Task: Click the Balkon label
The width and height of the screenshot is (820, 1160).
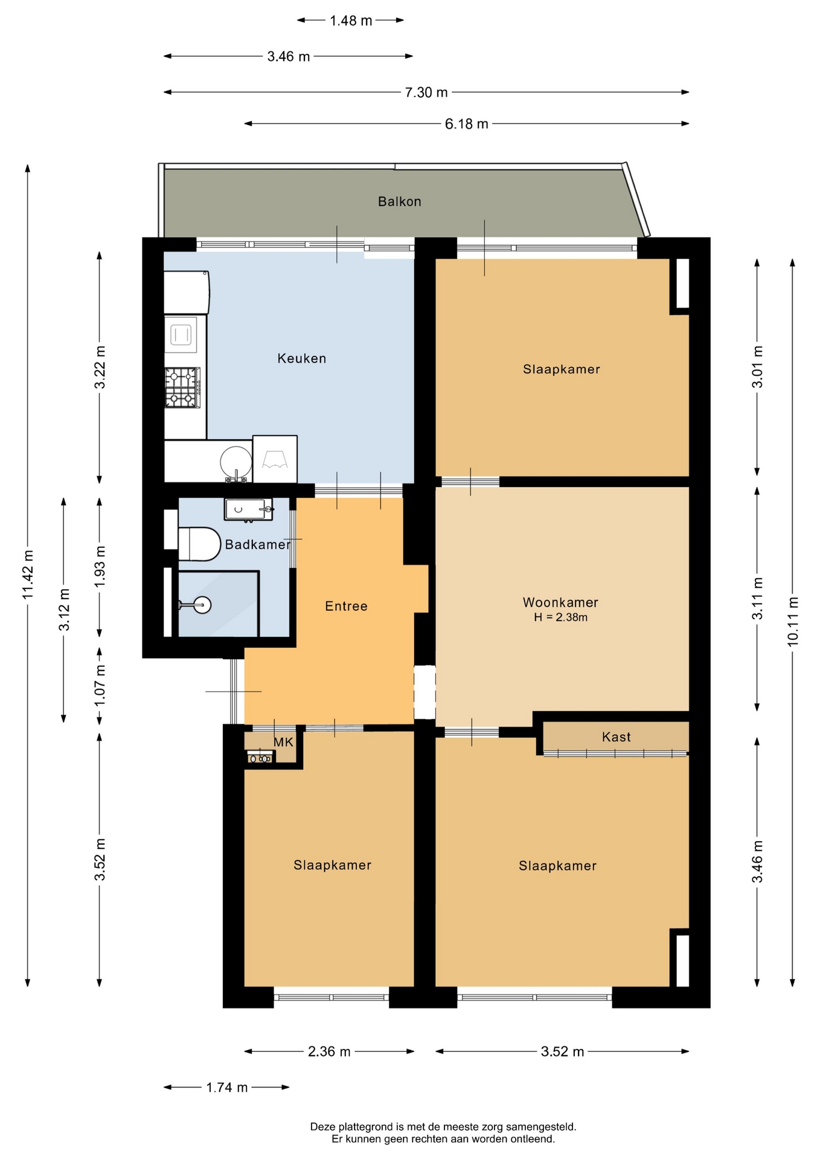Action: tap(399, 202)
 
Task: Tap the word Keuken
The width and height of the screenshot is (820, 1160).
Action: tap(302, 358)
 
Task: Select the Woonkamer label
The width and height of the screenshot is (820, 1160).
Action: tap(560, 602)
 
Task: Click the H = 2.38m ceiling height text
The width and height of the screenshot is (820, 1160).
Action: tap(560, 617)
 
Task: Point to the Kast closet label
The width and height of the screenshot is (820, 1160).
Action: tap(616, 737)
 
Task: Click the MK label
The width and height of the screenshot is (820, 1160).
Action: tap(283, 742)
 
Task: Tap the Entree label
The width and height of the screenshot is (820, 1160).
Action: tap(346, 607)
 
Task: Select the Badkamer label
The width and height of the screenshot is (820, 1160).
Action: tap(258, 545)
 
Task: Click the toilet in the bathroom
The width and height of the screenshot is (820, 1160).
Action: tap(200, 544)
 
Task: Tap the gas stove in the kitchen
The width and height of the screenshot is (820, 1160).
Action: tap(182, 388)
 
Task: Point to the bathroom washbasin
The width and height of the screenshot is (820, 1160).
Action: tap(248, 509)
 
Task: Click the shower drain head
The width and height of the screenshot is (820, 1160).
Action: tap(202, 604)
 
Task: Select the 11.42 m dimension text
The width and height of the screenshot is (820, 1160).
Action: tap(28, 575)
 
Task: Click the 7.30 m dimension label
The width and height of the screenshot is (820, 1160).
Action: tap(426, 92)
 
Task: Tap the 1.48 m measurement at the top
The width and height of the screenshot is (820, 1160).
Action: tap(351, 21)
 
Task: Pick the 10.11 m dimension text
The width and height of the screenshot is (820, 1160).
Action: tap(793, 622)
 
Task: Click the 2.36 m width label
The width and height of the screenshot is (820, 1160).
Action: tap(329, 1052)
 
